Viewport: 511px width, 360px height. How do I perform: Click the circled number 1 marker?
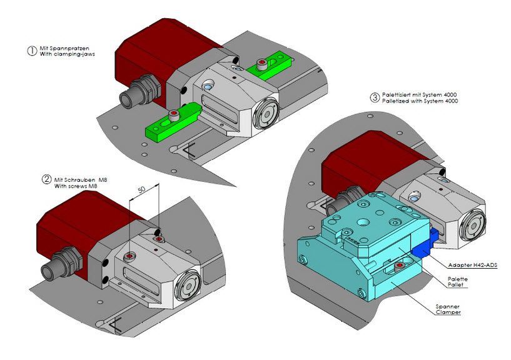pos(32,51)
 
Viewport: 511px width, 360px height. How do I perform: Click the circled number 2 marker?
pos(47,179)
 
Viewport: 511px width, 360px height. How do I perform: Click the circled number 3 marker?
pos(375,97)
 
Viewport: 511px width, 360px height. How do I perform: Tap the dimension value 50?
pos(141,189)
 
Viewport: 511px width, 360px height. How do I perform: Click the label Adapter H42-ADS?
pos(473,265)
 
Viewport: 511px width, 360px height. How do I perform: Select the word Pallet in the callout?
pos(455,285)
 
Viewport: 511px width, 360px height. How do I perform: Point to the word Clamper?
pos(448,312)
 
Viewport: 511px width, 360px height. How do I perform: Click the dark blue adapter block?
pos(424,244)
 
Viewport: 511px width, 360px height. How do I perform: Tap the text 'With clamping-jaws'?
pos(67,54)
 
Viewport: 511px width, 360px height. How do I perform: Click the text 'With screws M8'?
pos(76,186)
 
